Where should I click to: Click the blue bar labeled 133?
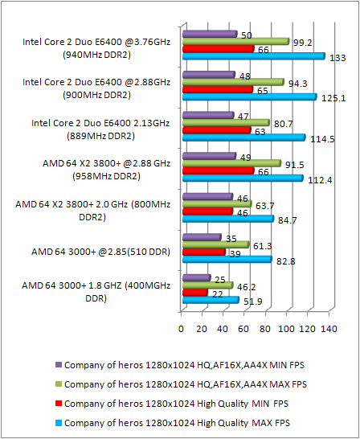click(x=253, y=56)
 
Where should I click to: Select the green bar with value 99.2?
click(x=235, y=41)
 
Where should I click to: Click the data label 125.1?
click(x=332, y=98)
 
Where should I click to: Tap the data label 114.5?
click(x=321, y=138)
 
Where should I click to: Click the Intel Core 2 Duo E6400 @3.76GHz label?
click(x=96, y=47)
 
